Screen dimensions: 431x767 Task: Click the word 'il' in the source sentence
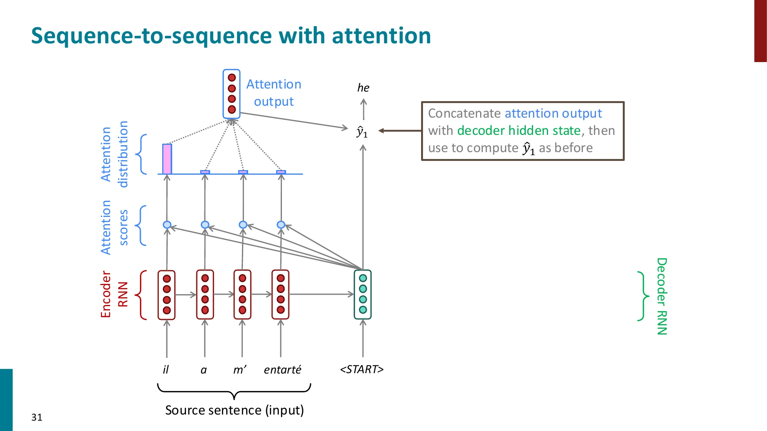[x=166, y=369]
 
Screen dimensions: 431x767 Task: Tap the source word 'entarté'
[x=282, y=370]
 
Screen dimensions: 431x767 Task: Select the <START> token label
[x=362, y=369]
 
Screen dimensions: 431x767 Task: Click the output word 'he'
[x=363, y=88]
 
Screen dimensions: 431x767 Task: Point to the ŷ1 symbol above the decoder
[x=362, y=132]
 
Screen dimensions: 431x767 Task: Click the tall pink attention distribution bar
[x=167, y=159]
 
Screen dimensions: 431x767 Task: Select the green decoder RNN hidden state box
[x=363, y=294]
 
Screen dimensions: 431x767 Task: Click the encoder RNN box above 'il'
[x=166, y=295]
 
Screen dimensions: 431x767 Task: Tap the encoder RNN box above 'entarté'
[x=280, y=294]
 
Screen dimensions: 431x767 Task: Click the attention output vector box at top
[x=232, y=94]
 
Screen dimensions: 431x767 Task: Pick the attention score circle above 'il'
[x=167, y=225]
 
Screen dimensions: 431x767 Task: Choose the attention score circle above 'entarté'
[x=281, y=225]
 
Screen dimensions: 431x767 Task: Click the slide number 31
[x=37, y=417]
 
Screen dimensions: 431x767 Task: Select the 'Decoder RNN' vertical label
[x=662, y=296]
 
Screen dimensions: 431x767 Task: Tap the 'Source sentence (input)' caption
[x=234, y=410]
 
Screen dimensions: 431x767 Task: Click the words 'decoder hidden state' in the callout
[x=519, y=131]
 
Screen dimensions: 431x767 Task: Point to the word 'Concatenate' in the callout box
[x=464, y=113]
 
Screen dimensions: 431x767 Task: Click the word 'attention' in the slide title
[x=381, y=36]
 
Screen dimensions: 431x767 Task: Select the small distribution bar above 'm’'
[x=243, y=172]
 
